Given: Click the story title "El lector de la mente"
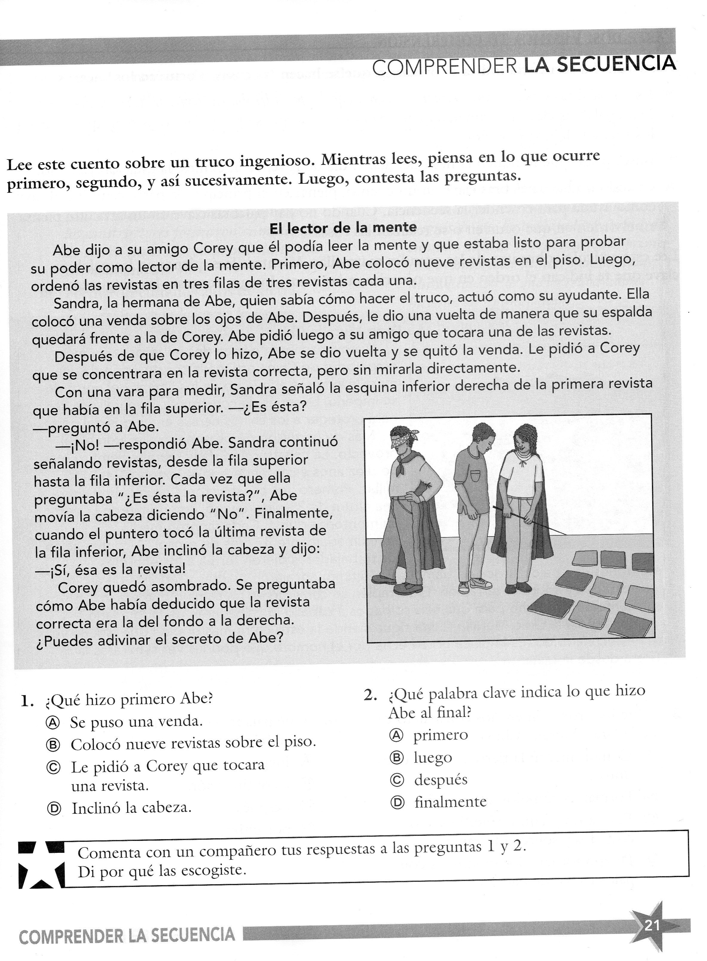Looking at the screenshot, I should (x=343, y=228).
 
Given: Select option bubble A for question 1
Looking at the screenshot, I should (x=53, y=722).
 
